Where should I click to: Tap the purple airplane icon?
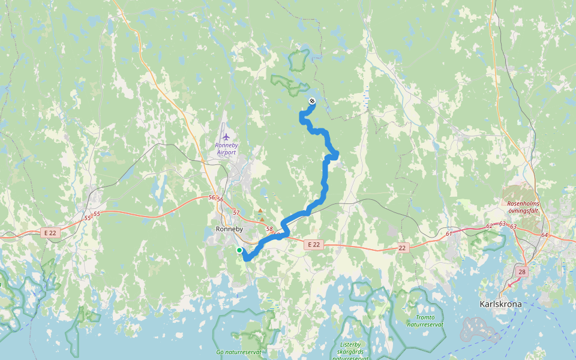226,137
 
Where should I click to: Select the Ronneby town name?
229,229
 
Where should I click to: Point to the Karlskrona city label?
501,304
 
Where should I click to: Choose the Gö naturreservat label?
239,352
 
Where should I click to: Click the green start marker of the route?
239,250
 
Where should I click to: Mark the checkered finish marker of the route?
311,101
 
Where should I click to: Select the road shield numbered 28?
522,272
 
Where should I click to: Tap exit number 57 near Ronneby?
236,213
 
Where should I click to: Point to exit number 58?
269,229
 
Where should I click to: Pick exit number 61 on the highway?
449,233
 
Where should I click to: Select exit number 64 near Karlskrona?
544,235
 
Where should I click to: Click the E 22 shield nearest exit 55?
51,232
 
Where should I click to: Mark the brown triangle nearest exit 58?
262,220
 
